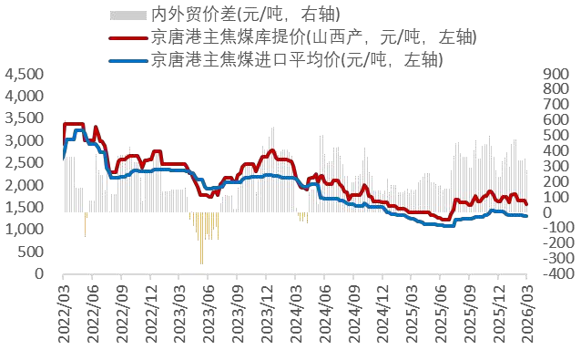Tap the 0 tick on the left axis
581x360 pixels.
pos(39,273)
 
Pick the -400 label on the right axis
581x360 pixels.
pos(556,273)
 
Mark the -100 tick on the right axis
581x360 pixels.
pos(556,228)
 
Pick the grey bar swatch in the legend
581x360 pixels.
pos(127,15)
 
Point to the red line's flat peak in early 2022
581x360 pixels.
pos(74,124)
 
